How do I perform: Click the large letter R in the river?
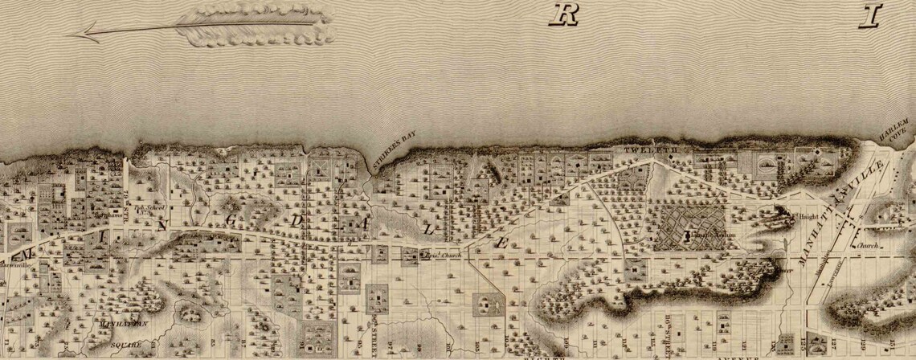pos(566,14)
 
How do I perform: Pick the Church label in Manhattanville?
pos(866,247)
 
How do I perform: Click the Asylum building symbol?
pos(688,235)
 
